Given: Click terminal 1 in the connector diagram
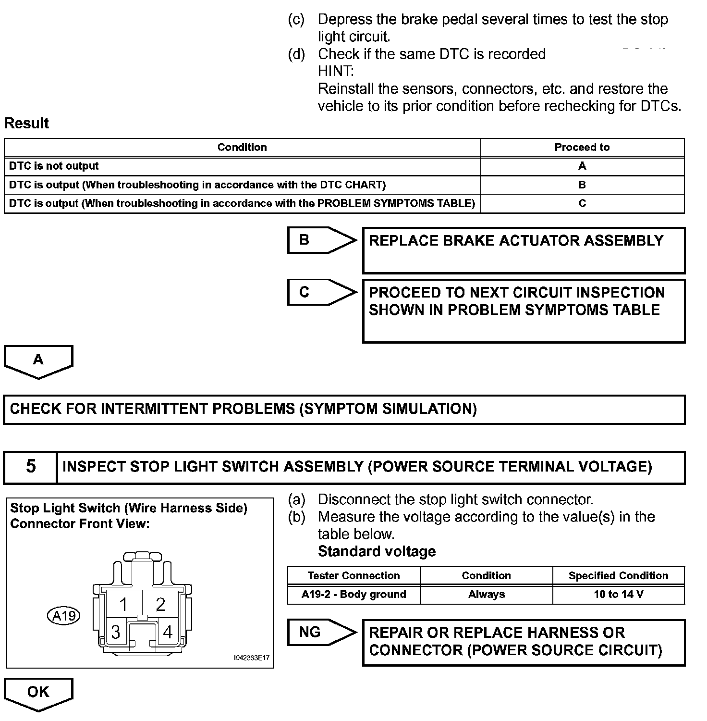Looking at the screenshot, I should (x=123, y=604).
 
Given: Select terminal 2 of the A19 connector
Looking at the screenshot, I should (x=160, y=604).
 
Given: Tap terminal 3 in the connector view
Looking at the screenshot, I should (x=115, y=632).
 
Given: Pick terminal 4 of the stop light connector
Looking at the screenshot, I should (x=168, y=632).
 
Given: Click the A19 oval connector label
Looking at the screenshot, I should (x=64, y=616).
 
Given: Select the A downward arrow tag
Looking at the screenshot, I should (x=38, y=360).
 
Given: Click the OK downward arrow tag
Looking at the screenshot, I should (x=38, y=693).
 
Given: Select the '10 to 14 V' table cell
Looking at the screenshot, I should (x=618, y=595).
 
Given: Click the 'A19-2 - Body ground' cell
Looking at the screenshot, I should (x=353, y=595).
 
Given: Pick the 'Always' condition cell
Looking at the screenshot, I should (x=486, y=595).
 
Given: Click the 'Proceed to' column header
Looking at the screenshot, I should (x=582, y=147).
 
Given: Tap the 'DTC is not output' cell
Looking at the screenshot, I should (x=54, y=166).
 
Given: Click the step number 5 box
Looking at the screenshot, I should (x=31, y=467).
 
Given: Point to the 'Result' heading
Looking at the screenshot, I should (x=27, y=123).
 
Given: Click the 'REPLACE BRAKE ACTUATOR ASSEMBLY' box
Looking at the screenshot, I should (x=523, y=250).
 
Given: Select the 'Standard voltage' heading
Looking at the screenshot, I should (x=377, y=551).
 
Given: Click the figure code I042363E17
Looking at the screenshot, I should (x=251, y=658).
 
